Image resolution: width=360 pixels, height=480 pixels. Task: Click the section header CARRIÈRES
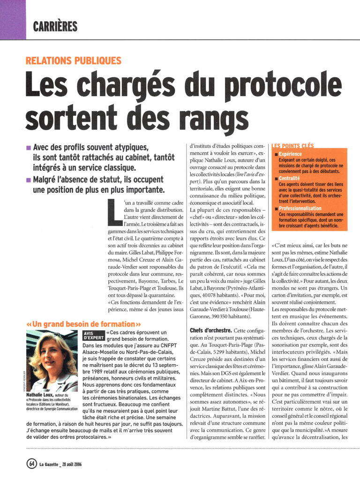[x=55, y=27]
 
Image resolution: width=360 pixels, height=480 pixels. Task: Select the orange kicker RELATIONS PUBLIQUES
[x=74, y=61]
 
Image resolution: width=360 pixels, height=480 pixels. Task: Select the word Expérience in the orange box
[x=290, y=154]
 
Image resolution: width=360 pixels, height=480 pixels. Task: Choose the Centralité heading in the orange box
[x=289, y=179]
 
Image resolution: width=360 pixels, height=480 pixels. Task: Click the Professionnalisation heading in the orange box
[x=300, y=209]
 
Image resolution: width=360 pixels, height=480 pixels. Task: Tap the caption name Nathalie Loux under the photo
[x=38, y=395]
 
